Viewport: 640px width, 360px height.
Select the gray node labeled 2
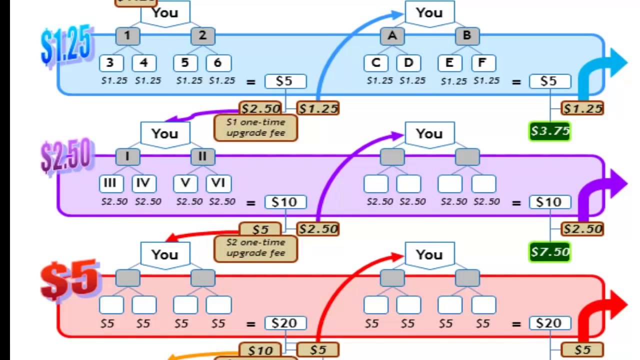(202, 36)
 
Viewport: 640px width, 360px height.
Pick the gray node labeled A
(392, 36)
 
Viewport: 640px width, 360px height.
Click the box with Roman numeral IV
(144, 183)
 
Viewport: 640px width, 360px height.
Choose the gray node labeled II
(202, 157)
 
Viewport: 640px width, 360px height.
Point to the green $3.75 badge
(549, 131)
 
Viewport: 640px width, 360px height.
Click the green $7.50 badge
(549, 252)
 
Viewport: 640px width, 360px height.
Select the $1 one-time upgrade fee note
(255, 128)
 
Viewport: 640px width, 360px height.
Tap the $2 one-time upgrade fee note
(255, 248)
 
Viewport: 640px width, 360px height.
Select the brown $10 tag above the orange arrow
(260, 350)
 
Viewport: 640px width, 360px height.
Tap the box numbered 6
(218, 63)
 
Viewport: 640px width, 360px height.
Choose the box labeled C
(376, 63)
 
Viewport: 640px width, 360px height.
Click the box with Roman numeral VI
(218, 183)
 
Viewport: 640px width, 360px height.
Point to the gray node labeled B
(467, 36)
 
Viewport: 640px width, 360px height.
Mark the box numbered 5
(185, 63)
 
